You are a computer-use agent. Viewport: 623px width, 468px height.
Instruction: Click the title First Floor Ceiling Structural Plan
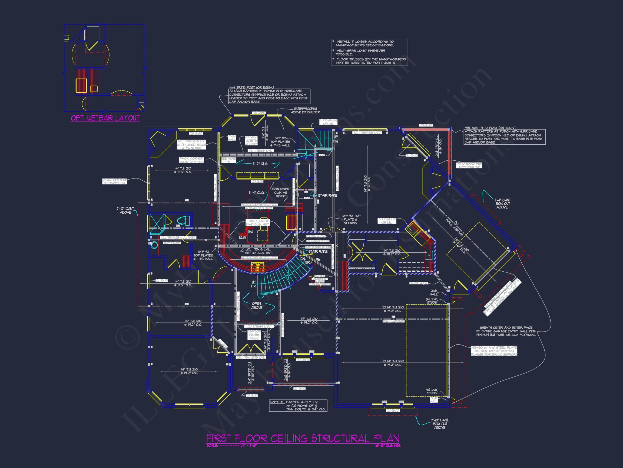pos(303,438)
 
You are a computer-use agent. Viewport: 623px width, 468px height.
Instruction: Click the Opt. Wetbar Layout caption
pos(105,118)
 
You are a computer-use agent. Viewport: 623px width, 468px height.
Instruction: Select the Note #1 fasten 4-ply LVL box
pos(298,405)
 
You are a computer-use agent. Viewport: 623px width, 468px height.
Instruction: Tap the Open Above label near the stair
pos(257,305)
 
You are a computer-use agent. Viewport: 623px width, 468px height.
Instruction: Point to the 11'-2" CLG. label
pos(260,164)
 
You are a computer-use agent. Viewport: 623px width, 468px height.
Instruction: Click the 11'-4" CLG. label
pos(257,193)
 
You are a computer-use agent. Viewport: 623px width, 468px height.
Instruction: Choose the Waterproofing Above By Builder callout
pos(305,110)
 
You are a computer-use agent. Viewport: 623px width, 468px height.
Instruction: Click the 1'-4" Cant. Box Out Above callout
pos(503,203)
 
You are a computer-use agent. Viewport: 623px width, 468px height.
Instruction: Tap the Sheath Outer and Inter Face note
pos(506,331)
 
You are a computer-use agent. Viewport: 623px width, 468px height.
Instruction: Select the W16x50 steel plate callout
pos(494,351)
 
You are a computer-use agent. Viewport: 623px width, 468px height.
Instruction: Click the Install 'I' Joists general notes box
pos(369,52)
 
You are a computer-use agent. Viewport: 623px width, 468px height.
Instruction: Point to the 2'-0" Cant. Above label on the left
pos(126,210)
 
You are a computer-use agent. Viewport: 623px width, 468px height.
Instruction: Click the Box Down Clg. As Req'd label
pos(280,192)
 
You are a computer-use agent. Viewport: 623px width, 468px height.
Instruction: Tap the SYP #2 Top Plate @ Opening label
pos(351,219)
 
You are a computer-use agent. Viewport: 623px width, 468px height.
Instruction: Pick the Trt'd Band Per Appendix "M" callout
pos(469,165)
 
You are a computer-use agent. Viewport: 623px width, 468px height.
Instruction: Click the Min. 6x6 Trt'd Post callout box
pos(504,137)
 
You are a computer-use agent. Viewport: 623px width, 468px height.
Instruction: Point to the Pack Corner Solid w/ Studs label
pos(191,160)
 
